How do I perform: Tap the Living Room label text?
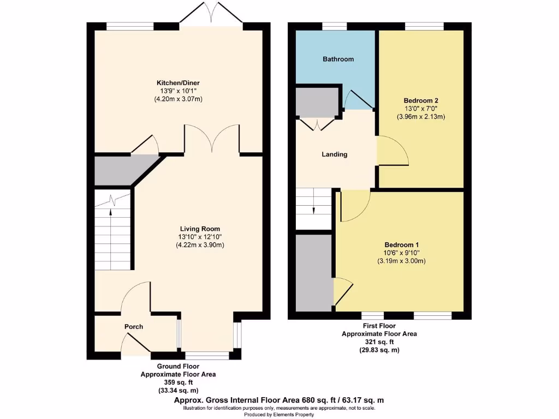(200, 229)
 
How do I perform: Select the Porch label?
(134, 327)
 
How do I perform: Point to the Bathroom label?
(338, 59)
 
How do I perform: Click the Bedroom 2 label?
(421, 100)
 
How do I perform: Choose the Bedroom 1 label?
(401, 244)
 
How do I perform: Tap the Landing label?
(334, 154)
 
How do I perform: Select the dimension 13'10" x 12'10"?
(200, 237)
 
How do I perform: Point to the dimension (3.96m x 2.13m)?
(421, 116)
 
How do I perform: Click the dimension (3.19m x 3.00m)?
(401, 261)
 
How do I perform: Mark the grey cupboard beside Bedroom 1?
(314, 270)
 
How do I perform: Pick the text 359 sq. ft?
(178, 382)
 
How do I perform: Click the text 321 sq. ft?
(379, 342)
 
